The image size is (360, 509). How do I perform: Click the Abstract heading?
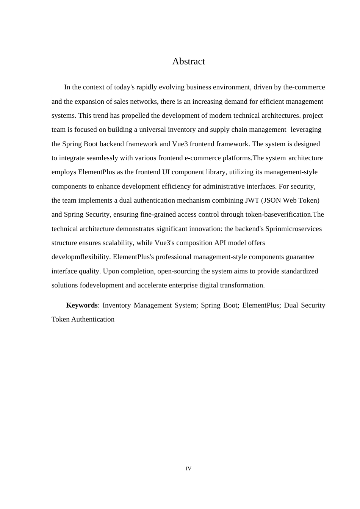click(188, 61)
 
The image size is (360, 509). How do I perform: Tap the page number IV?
click(188, 469)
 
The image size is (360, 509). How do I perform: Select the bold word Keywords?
click(82, 305)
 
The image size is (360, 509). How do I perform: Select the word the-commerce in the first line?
click(304, 87)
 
